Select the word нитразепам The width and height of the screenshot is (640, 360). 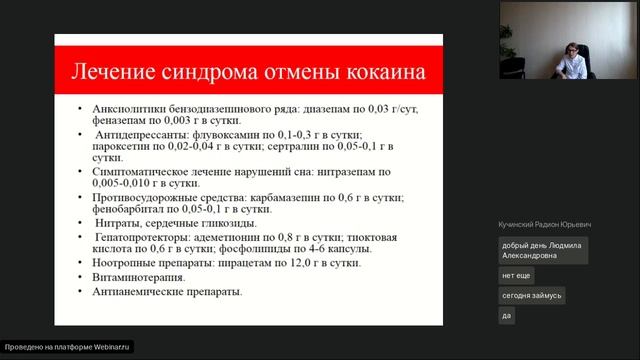[x=320, y=172]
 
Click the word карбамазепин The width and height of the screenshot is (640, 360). [x=277, y=198]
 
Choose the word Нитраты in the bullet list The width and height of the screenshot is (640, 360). [x=119, y=224]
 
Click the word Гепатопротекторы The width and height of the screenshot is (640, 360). [x=145, y=238]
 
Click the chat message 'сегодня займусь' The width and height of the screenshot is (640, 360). [x=533, y=296]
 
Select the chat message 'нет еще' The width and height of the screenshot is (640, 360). [x=516, y=275]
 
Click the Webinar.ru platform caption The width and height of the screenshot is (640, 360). [x=68, y=347]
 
